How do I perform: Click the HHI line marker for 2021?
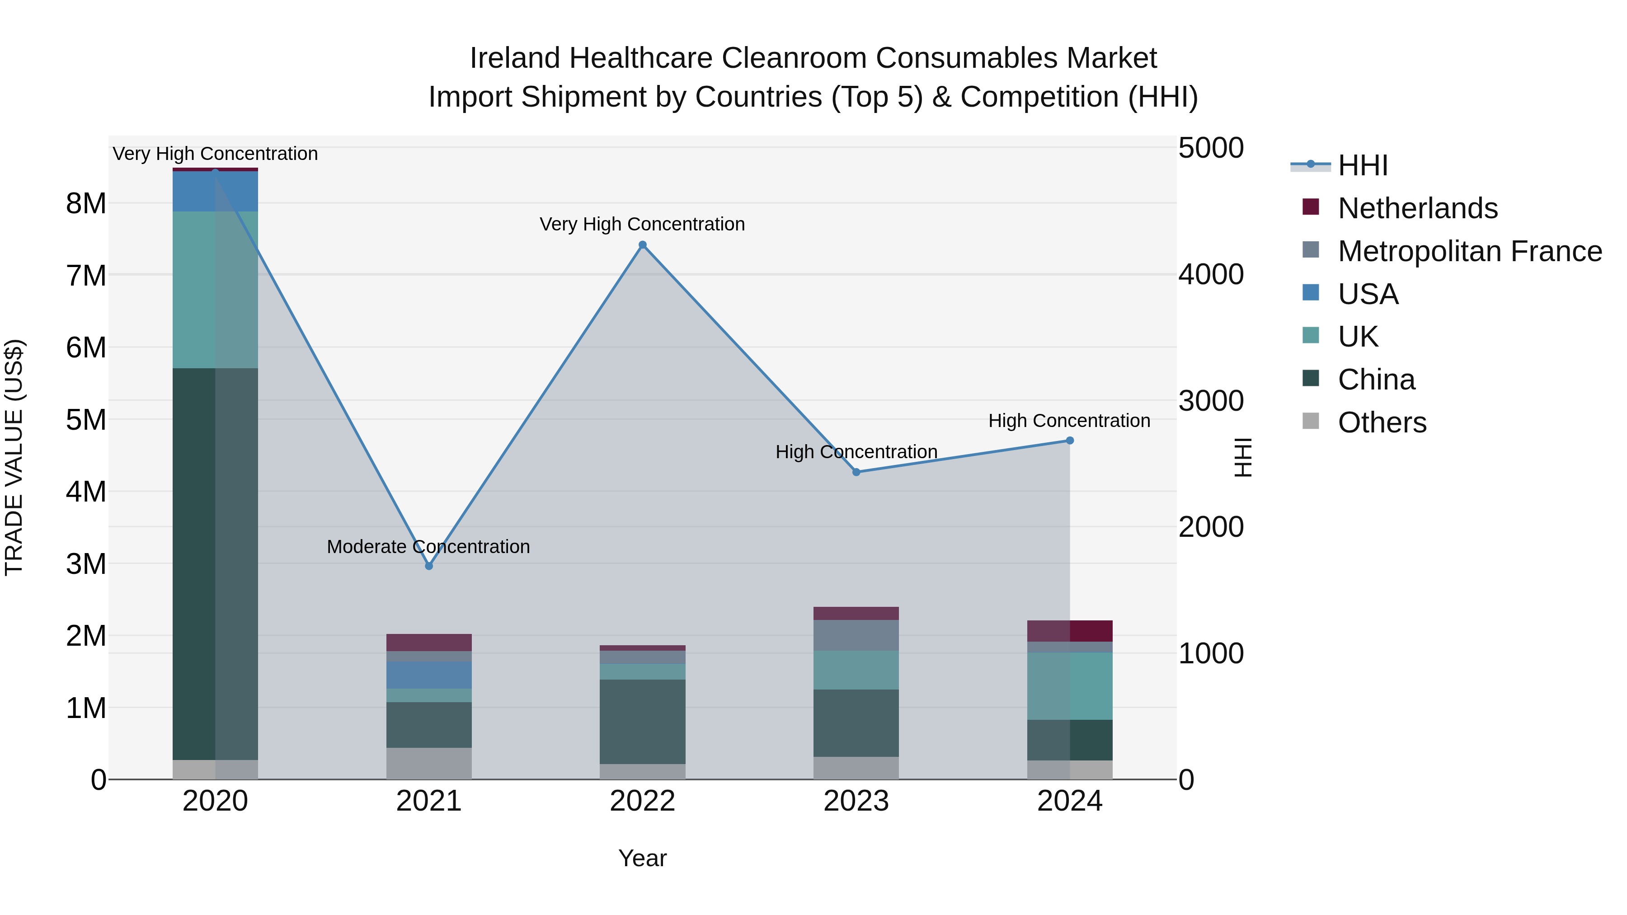[x=429, y=566]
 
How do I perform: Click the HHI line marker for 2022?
[x=642, y=245]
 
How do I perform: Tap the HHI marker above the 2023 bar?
[x=856, y=472]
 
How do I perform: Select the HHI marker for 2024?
[x=1070, y=441]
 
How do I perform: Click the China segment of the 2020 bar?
[x=215, y=562]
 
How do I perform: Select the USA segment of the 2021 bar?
[x=429, y=675]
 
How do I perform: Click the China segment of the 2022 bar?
[x=642, y=721]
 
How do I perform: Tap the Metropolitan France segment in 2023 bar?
[x=856, y=635]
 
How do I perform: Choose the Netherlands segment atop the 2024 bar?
[x=1070, y=630]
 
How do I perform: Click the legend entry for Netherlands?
[x=1417, y=208]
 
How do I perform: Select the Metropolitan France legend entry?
[x=1469, y=251]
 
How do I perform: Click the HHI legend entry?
[x=1362, y=165]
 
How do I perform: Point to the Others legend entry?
[x=1382, y=422]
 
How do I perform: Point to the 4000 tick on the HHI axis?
[x=1210, y=275]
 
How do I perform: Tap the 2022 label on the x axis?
[x=642, y=801]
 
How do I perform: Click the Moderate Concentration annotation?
[x=428, y=547]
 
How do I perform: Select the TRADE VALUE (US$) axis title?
[x=14, y=457]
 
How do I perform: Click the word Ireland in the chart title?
[x=515, y=58]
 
